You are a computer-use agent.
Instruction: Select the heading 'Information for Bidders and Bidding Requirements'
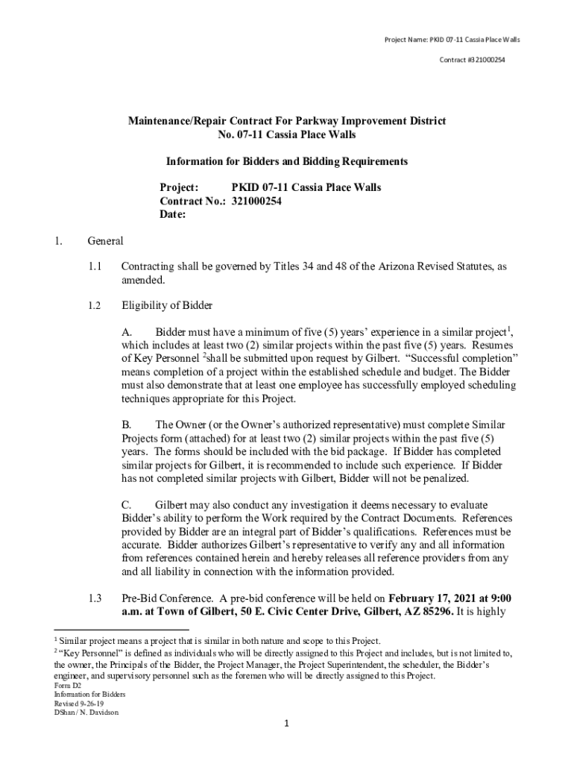click(286, 161)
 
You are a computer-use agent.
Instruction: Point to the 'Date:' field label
click(173, 215)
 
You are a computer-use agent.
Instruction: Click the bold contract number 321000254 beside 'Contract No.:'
click(256, 201)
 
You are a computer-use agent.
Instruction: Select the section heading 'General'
click(105, 241)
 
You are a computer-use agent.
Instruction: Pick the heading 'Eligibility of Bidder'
click(167, 305)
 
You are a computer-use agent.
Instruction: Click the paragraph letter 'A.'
click(127, 331)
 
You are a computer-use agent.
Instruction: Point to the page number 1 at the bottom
click(287, 724)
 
